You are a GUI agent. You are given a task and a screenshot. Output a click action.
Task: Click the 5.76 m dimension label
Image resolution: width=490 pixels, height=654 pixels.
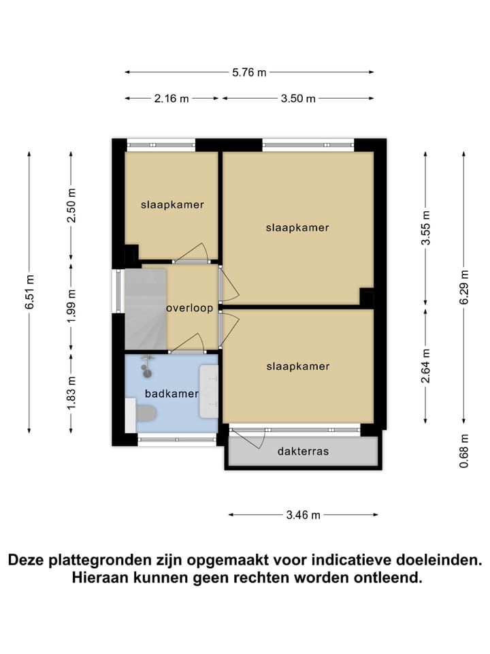tap(249, 72)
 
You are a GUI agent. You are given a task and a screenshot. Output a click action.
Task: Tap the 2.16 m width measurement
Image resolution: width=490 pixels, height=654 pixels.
tap(171, 99)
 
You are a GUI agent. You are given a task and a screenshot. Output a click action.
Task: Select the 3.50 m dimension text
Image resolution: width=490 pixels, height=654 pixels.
tap(299, 99)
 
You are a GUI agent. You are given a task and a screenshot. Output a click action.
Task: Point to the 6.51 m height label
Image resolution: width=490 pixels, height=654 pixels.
tap(29, 292)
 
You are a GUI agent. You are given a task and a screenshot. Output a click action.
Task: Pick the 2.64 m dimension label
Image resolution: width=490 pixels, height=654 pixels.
tap(426, 366)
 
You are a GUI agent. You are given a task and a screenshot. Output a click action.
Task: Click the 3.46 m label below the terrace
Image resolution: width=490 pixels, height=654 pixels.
tap(303, 515)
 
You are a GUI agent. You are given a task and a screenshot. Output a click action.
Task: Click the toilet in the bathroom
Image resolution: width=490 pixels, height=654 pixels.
tap(145, 412)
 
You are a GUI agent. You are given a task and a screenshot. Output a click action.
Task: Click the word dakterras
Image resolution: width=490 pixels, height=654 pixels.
tap(303, 451)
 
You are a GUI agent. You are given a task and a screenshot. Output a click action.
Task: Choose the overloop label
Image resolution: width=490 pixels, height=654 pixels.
tap(190, 308)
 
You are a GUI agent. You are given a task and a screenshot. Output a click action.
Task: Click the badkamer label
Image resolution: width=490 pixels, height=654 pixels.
tap(171, 394)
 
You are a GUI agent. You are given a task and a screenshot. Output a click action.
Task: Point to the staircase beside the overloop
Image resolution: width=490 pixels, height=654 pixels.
tap(145, 308)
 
